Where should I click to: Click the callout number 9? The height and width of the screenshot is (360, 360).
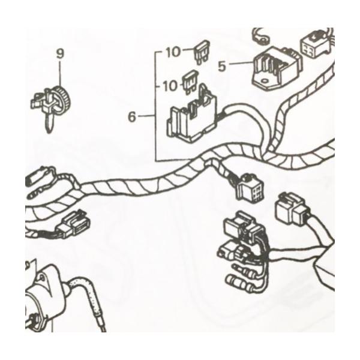click(60, 54)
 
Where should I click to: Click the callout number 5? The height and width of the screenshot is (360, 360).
click(222, 67)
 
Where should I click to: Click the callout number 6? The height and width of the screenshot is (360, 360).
click(132, 117)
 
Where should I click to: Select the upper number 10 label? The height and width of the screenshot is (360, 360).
click(173, 52)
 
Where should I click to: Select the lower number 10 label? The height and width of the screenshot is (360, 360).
click(170, 86)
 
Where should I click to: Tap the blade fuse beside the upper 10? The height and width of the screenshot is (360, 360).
click(202, 53)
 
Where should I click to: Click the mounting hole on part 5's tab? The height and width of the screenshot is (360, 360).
click(265, 81)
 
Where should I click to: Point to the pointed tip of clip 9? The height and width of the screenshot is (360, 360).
click(48, 131)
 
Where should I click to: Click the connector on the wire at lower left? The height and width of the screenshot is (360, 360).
click(73, 223)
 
